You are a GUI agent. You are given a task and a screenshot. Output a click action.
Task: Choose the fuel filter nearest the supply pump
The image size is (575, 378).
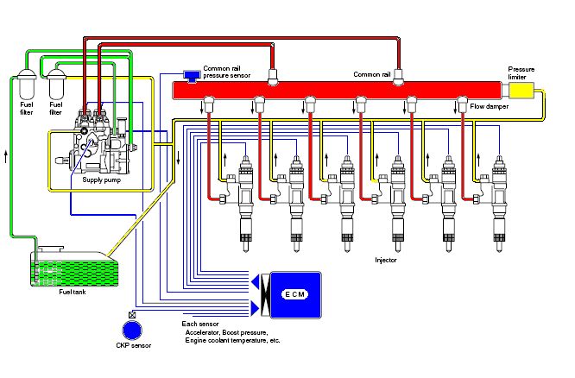tap(58, 85)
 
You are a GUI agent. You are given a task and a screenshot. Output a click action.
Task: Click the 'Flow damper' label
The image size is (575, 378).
tap(489, 106)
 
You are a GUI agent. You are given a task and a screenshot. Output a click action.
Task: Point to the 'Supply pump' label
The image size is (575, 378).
tap(101, 180)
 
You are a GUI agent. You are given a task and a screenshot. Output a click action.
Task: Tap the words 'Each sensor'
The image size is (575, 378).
tap(200, 323)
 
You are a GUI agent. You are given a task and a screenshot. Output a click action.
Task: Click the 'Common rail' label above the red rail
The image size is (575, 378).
tap(373, 74)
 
